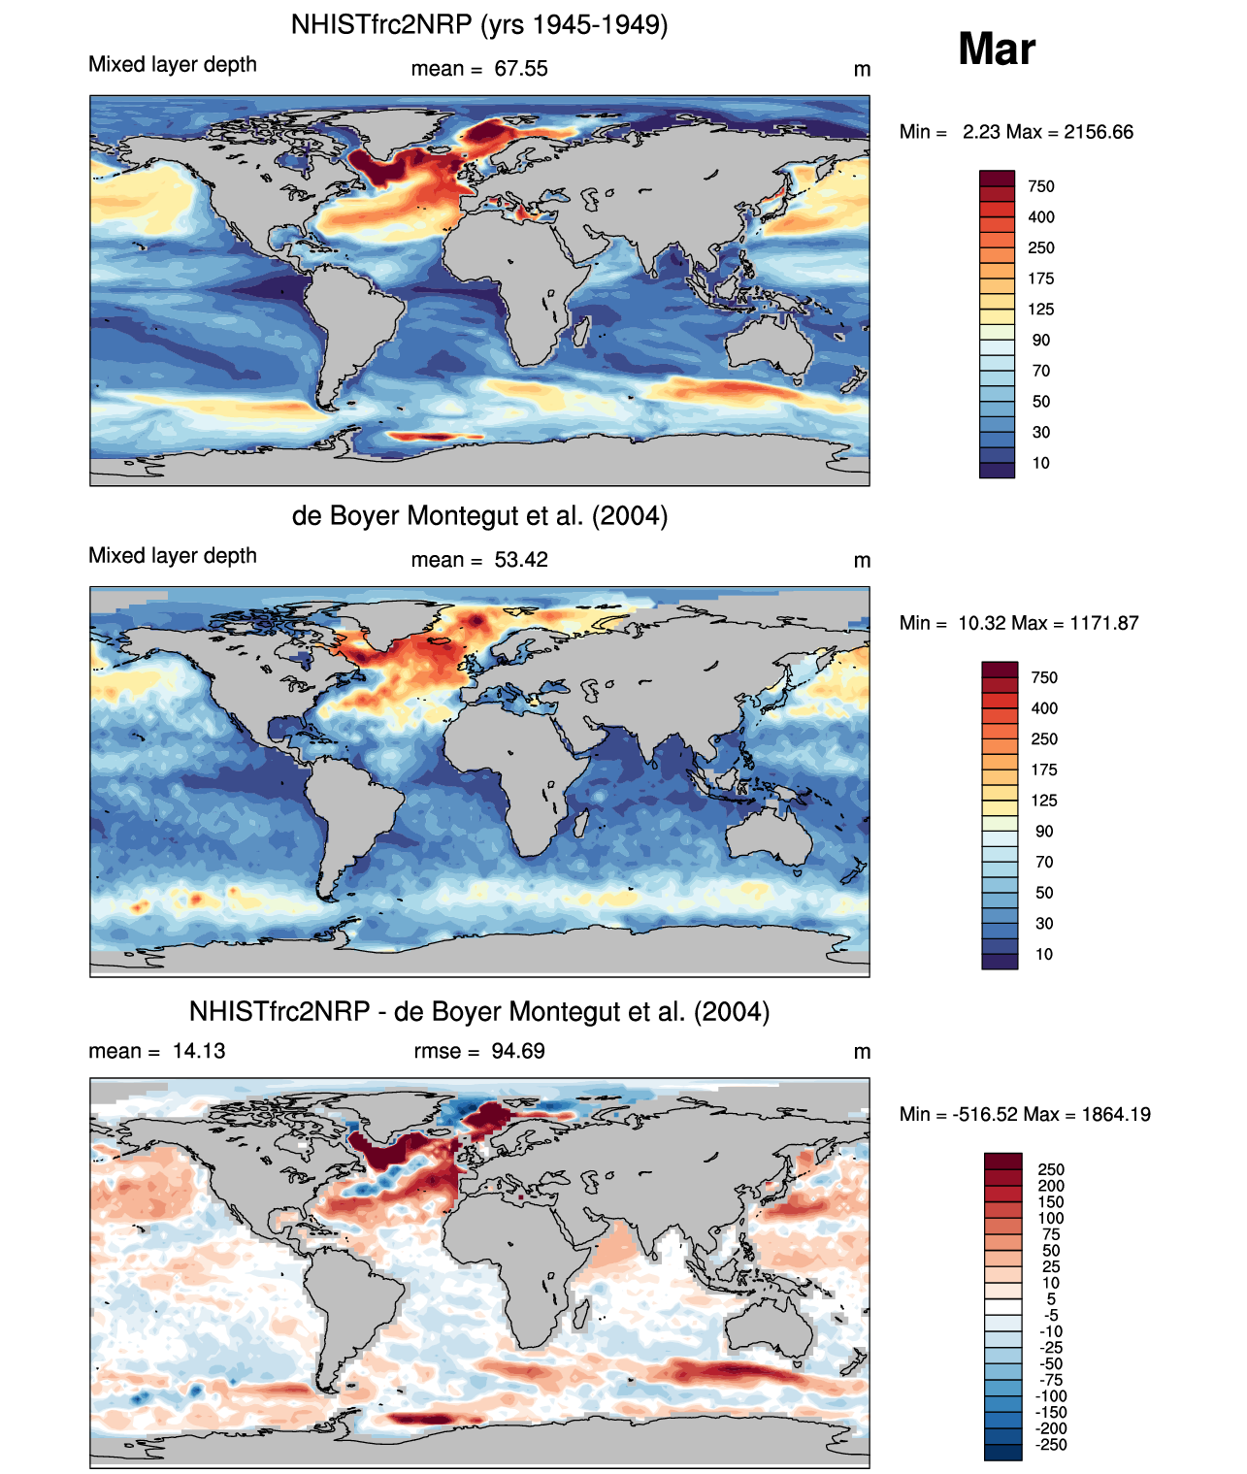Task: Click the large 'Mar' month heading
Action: pyautogui.click(x=997, y=49)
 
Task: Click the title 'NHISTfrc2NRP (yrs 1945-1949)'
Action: pyautogui.click(x=479, y=24)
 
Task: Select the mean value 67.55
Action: pyautogui.click(x=521, y=69)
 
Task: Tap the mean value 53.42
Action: pyautogui.click(x=521, y=560)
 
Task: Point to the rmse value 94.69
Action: pyautogui.click(x=518, y=1051)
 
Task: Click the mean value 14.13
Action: pyautogui.click(x=199, y=1051)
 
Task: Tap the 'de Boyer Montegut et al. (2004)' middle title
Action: pyautogui.click(x=479, y=515)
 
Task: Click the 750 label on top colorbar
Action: pyautogui.click(x=1041, y=186)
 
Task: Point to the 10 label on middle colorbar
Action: pyautogui.click(x=1044, y=954)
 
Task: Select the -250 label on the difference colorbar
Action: pyautogui.click(x=1051, y=1445)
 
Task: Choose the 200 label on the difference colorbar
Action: pyautogui.click(x=1051, y=1186)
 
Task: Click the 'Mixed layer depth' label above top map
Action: pyautogui.click(x=173, y=64)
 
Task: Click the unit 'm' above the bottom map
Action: pyautogui.click(x=862, y=1052)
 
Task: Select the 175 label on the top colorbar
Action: pyautogui.click(x=1041, y=278)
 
